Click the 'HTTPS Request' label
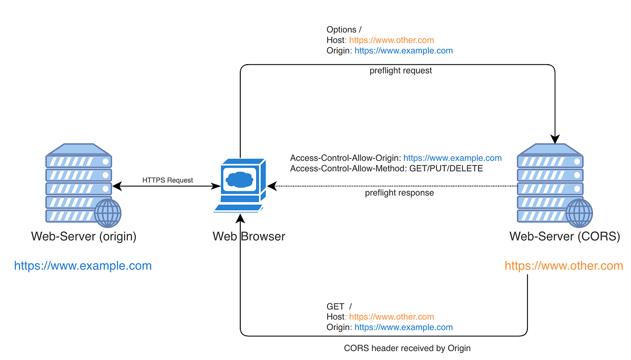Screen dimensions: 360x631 pyautogui.click(x=168, y=180)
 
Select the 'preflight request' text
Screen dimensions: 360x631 pyautogui.click(x=401, y=70)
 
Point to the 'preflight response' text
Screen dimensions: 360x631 pyautogui.click(x=400, y=193)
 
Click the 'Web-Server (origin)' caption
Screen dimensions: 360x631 pyautogui.click(x=84, y=236)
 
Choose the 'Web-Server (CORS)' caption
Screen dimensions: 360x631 pyautogui.click(x=565, y=236)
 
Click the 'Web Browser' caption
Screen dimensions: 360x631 pyautogui.click(x=249, y=236)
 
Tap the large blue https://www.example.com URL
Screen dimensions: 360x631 pyautogui.click(x=83, y=266)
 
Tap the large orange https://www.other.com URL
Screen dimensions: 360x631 pyautogui.click(x=564, y=266)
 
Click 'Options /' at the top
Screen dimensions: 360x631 pyautogui.click(x=344, y=30)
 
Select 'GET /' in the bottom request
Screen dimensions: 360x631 pyautogui.click(x=339, y=306)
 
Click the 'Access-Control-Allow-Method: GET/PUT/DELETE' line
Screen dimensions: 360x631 pyautogui.click(x=386, y=169)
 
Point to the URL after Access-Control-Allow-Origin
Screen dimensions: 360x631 pyautogui.click(x=452, y=158)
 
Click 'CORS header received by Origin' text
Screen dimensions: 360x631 pyautogui.click(x=408, y=348)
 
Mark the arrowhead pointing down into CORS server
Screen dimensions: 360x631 pyautogui.click(x=555, y=139)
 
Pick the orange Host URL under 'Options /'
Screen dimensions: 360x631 pyautogui.click(x=392, y=40)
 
